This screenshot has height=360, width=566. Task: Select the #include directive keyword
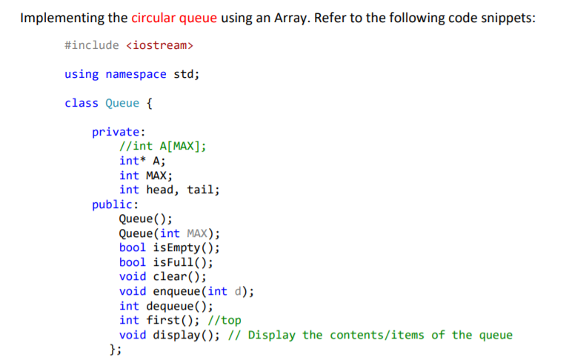(x=91, y=46)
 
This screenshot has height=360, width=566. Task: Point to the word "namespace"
(x=136, y=74)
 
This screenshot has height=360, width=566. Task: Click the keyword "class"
(x=81, y=103)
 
